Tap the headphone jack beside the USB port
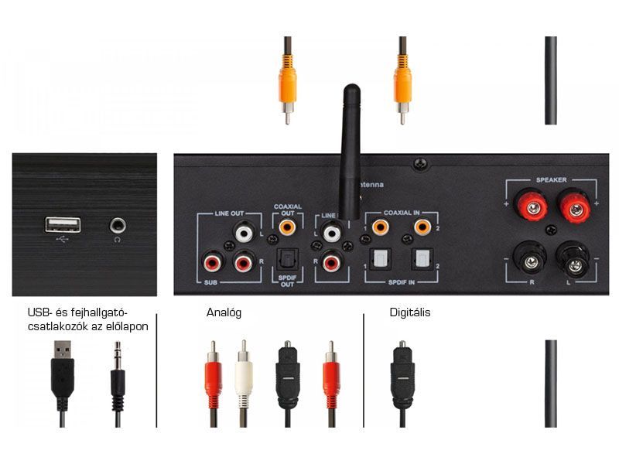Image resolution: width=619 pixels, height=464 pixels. pyautogui.click(x=118, y=225)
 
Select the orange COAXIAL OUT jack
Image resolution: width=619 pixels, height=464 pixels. pyautogui.click(x=288, y=228)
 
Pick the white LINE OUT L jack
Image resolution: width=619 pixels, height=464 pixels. pyautogui.click(x=245, y=230)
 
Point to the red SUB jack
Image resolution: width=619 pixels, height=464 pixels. pyautogui.click(x=211, y=264)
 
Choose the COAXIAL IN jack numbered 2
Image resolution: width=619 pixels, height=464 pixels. pyautogui.click(x=422, y=227)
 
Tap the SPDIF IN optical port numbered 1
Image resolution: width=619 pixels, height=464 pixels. pyautogui.click(x=380, y=258)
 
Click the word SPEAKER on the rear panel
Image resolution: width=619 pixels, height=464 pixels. pyautogui.click(x=551, y=180)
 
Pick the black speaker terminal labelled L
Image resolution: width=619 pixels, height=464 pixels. pyautogui.click(x=573, y=263)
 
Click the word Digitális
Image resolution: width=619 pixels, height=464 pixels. pyautogui.click(x=410, y=313)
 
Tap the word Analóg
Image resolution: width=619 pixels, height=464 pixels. pyautogui.click(x=224, y=313)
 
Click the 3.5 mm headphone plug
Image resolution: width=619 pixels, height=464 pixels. pyautogui.click(x=118, y=379)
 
